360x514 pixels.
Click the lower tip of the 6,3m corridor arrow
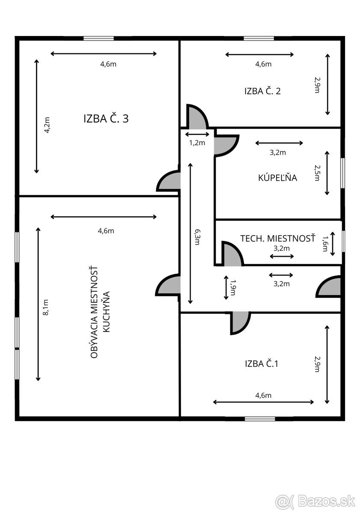pyautogui.click(x=190, y=304)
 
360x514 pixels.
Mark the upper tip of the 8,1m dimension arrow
pyautogui.click(x=38, y=227)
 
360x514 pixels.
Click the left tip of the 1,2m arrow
pyautogui.click(x=185, y=134)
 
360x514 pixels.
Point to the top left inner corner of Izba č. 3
pyautogui.click(x=19, y=41)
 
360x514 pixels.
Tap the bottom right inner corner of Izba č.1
pyautogui.click(x=340, y=416)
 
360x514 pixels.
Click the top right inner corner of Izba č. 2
pyautogui.click(x=340, y=41)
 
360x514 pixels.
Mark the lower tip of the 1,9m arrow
pyautogui.click(x=226, y=299)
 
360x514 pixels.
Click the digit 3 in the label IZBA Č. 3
pyautogui.click(x=125, y=119)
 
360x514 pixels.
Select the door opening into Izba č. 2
pyautogui.click(x=197, y=117)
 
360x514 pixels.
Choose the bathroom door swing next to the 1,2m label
pyautogui.click(x=226, y=146)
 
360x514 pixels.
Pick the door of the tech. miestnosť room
pyautogui.click(x=232, y=254)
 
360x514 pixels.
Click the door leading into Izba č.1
pyautogui.click(x=241, y=323)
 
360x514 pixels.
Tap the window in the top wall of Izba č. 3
pyautogui.click(x=98, y=39)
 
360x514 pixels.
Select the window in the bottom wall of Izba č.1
pyautogui.click(x=260, y=419)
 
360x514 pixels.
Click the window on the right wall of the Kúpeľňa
pyautogui.click(x=342, y=173)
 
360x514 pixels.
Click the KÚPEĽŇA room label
pyautogui.click(x=277, y=178)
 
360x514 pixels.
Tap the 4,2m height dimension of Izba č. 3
pyautogui.click(x=47, y=125)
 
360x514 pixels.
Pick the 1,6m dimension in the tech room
pyautogui.click(x=325, y=244)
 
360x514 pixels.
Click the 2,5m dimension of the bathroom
pyautogui.click(x=317, y=173)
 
